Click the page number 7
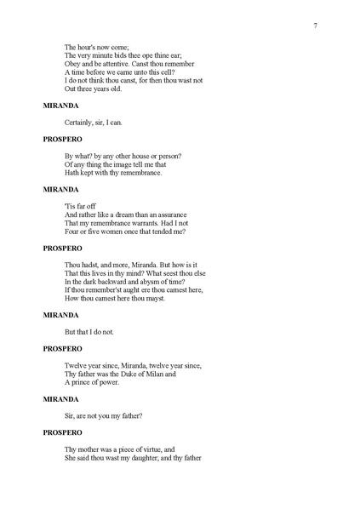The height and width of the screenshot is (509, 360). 316,26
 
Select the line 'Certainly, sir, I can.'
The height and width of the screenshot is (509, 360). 94,123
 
